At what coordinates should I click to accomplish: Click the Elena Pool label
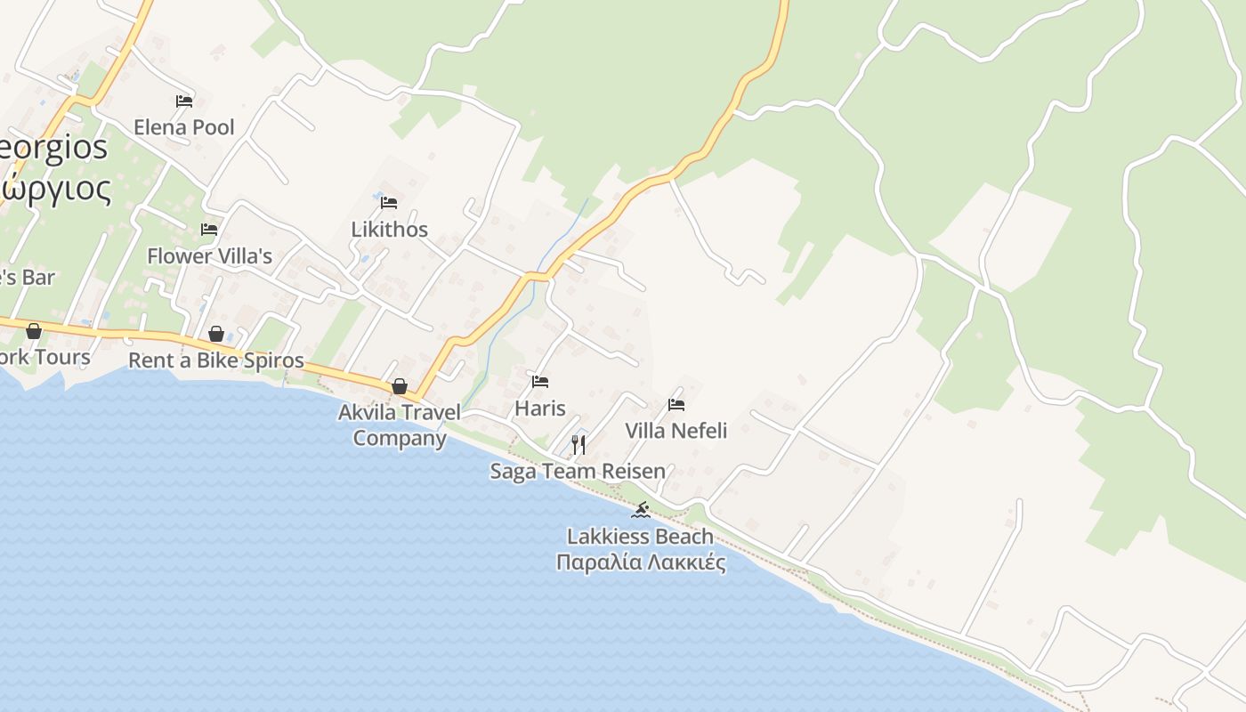click(184, 127)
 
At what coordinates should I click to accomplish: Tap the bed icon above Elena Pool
click(184, 101)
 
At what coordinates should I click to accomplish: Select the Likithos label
click(389, 229)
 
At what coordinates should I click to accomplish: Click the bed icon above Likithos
click(389, 203)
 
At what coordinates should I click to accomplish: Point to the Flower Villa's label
click(209, 255)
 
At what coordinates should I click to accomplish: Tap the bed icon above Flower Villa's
click(209, 230)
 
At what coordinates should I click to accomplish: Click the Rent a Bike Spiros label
click(216, 360)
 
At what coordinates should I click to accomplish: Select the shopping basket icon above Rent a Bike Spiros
click(216, 334)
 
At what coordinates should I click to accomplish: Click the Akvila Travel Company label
click(400, 425)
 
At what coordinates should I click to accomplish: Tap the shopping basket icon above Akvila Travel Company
click(400, 386)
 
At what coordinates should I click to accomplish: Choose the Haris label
click(540, 409)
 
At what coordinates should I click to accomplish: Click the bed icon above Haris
click(540, 383)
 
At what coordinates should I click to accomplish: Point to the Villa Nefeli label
click(676, 431)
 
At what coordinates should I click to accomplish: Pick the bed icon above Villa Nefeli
click(676, 405)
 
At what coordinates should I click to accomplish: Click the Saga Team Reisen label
click(578, 471)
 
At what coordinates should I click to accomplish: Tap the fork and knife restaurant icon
click(578, 444)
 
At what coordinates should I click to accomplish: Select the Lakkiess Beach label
click(641, 537)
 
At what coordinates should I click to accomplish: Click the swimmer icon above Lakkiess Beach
click(641, 510)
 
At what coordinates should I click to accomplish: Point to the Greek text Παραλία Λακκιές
click(641, 562)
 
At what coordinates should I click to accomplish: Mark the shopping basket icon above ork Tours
click(34, 331)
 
